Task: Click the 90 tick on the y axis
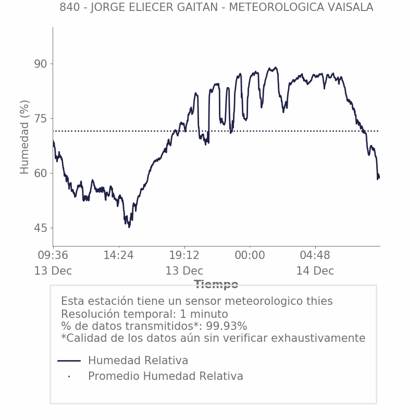coord(41,64)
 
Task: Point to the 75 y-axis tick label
coord(41,119)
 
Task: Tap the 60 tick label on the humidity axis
coord(41,174)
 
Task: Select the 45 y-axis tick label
coord(41,228)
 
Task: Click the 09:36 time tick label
coord(53,255)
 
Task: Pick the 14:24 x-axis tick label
coord(119,255)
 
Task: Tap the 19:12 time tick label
coord(184,255)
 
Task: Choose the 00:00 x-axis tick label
coord(250,255)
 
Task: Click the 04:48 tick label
coord(315,255)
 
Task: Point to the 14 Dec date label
coord(315,271)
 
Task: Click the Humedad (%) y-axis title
coord(24,137)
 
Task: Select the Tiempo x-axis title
coord(216,285)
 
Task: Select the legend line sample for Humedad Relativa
coord(69,361)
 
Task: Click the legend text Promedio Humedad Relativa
coord(166,376)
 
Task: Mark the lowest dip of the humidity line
coord(129,227)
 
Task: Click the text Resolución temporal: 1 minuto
coord(144,314)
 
